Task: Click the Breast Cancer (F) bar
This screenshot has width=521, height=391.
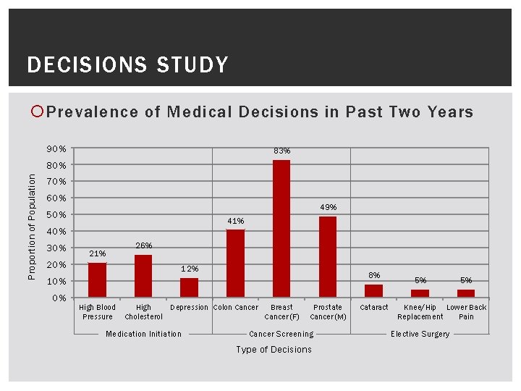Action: (x=281, y=228)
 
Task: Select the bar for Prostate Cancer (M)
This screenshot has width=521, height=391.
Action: (x=328, y=256)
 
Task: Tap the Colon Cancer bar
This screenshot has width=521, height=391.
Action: (x=235, y=263)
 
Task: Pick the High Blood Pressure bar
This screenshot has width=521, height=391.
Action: (x=97, y=279)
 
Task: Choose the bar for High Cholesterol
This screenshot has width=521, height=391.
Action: (x=143, y=276)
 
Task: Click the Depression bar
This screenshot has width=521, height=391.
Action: (x=189, y=287)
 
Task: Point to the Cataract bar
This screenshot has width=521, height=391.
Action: (x=373, y=290)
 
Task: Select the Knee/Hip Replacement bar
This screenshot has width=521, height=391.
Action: (x=420, y=293)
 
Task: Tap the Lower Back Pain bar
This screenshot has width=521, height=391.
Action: (x=466, y=293)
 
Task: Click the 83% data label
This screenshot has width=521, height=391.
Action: (x=281, y=151)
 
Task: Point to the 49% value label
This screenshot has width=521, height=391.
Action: (x=328, y=207)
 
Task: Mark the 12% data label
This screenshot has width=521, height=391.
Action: (x=190, y=269)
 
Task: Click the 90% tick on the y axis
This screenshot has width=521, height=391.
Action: (x=58, y=149)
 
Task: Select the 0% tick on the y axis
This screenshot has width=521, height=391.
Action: (x=60, y=298)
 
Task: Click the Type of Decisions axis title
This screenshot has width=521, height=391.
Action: (x=274, y=350)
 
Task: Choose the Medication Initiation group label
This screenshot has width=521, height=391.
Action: (x=143, y=334)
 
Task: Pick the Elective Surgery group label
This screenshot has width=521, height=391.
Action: (x=420, y=334)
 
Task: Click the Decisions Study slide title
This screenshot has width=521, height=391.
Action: (x=127, y=65)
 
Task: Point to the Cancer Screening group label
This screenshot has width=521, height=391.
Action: (x=281, y=334)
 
